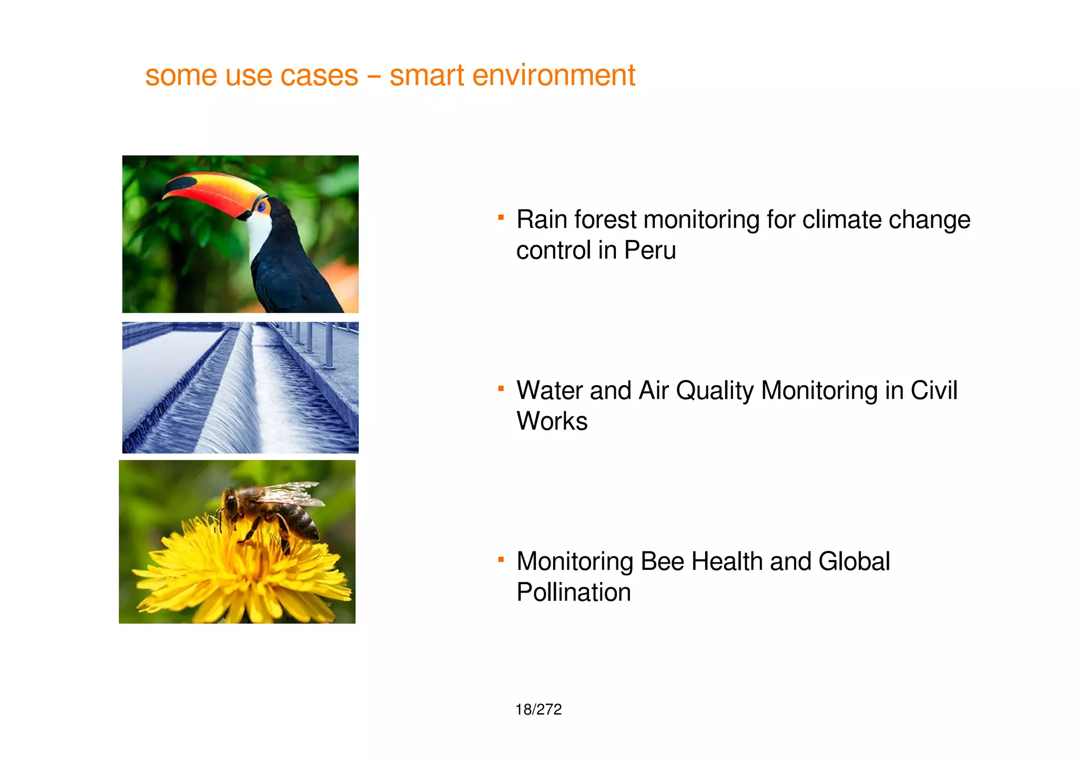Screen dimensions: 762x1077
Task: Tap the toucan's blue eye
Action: click(x=261, y=205)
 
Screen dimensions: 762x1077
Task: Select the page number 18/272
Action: click(x=538, y=709)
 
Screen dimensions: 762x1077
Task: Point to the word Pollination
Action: click(x=574, y=593)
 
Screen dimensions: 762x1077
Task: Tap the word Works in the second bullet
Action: click(x=552, y=422)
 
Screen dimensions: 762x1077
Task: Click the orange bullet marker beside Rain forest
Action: click(x=501, y=217)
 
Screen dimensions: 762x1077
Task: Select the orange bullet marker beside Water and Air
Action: click(x=501, y=388)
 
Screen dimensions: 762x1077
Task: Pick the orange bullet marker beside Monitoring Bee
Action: click(x=501, y=559)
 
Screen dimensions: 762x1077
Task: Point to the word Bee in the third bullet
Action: click(x=662, y=562)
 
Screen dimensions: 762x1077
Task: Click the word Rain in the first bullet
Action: click(x=542, y=219)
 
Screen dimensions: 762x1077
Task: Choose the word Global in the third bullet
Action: click(x=854, y=562)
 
